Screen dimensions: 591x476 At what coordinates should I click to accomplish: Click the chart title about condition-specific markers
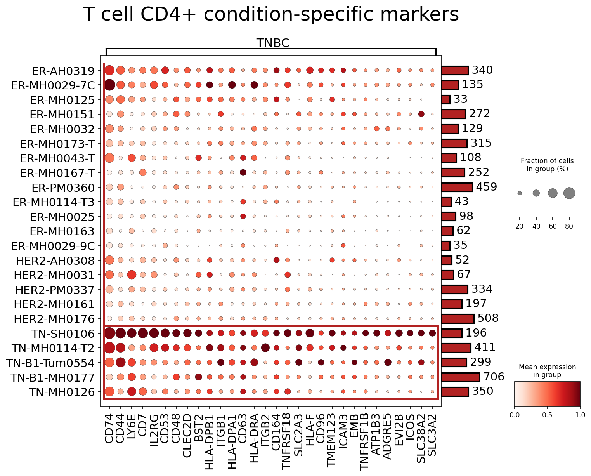[x=270, y=14]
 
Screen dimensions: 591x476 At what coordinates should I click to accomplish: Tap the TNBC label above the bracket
[x=273, y=43]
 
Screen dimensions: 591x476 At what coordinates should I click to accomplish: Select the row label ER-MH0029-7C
[x=53, y=85]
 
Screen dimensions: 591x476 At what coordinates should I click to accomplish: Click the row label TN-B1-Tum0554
[x=50, y=363]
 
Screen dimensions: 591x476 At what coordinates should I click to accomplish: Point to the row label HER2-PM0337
[x=55, y=290]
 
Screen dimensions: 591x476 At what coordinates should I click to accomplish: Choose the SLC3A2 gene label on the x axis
[x=432, y=435]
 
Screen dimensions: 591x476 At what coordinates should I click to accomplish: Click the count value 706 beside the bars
[x=494, y=377]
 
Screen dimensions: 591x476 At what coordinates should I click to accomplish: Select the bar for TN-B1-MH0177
[x=460, y=377]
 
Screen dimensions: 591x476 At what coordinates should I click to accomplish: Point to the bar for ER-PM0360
[x=457, y=187]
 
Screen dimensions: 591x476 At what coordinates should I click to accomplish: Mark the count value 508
[x=488, y=318]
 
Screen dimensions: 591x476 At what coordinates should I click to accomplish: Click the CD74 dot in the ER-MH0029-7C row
[x=109, y=85]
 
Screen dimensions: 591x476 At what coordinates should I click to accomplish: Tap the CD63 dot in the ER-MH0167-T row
[x=243, y=173]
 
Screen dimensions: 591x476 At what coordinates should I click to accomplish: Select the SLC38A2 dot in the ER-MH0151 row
[x=421, y=114]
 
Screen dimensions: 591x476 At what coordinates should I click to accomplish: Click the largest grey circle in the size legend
[x=569, y=193]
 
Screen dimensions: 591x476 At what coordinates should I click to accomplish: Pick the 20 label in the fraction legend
[x=519, y=226]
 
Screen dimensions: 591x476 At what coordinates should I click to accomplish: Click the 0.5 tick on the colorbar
[x=547, y=415]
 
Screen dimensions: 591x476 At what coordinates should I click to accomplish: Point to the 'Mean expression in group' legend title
[x=547, y=371]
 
